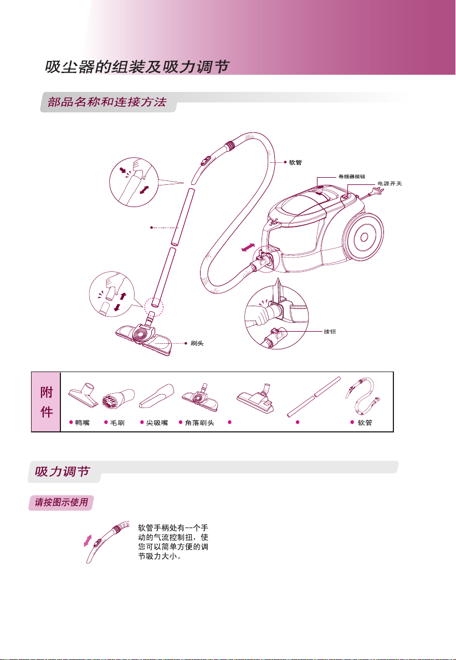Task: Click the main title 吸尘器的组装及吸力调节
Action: [137, 66]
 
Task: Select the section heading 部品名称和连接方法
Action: [107, 102]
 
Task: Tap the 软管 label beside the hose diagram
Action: [295, 162]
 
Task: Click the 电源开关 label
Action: [390, 183]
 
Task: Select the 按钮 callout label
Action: [330, 332]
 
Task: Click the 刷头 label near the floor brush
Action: [197, 343]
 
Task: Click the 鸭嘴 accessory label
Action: [83, 422]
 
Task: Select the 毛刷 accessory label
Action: [117, 422]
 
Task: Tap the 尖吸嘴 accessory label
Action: [157, 422]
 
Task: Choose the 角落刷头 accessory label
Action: [199, 422]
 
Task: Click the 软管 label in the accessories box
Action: [365, 422]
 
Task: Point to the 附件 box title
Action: [47, 402]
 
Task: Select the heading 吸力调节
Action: [62, 471]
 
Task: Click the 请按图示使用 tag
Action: [62, 503]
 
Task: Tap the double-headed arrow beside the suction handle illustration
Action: [88, 541]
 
